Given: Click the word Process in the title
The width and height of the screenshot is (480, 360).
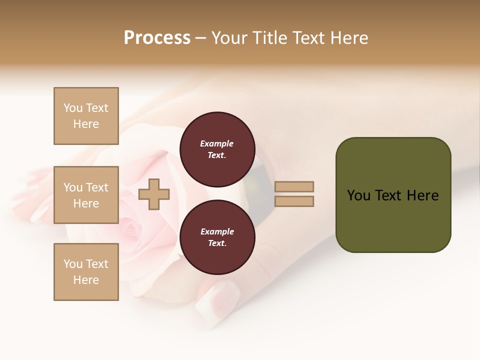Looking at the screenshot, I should point(157,38).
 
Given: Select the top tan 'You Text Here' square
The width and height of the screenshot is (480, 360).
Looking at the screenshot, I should point(86,116).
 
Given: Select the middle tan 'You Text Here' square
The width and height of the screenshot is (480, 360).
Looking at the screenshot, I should point(86,195).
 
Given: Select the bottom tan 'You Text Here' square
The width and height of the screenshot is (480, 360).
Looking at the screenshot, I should point(86,271).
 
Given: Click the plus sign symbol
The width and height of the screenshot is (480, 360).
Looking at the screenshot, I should point(154,194).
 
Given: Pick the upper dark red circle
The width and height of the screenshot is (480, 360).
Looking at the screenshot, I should point(217,149).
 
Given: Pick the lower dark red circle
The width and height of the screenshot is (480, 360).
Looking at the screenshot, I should point(217,237).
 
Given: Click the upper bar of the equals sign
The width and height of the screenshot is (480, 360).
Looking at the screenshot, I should point(294,186).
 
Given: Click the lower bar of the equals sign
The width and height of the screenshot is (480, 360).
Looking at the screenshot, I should point(294,201).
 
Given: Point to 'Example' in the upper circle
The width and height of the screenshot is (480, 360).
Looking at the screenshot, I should point(217,143).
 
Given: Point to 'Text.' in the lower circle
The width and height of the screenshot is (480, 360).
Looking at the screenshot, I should point(217,243).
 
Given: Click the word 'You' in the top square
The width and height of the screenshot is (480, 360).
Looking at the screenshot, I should point(73,108).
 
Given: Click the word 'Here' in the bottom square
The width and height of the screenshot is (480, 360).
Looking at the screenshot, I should point(86,280).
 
